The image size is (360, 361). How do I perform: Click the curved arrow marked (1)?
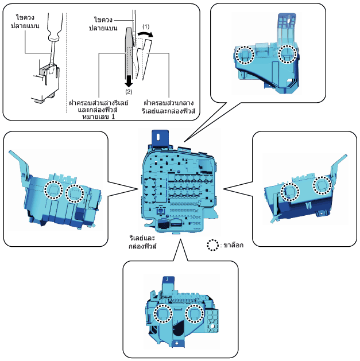tap(145, 34)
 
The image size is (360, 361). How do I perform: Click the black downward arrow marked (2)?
tap(129, 81)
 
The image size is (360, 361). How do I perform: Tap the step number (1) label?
tap(146, 27)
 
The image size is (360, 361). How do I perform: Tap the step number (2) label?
tap(129, 92)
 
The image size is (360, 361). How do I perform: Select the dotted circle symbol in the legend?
tap(212, 245)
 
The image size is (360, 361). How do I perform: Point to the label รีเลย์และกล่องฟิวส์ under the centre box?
tap(142, 242)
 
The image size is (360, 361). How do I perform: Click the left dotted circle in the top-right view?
tap(245, 55)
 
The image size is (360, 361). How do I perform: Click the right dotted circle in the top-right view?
tap(288, 54)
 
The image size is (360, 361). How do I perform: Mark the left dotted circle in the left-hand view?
tap(53, 190)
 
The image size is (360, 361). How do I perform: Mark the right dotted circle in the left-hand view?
tap(75, 193)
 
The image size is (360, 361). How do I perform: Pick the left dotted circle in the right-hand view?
tap(290, 192)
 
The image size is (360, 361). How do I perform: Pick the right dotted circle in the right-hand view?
tap(322, 185)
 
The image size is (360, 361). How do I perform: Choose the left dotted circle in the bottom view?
tap(163, 313)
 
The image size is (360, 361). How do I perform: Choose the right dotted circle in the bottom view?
tap(195, 313)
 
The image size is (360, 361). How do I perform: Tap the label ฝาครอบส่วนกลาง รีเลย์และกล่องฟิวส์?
tap(168, 107)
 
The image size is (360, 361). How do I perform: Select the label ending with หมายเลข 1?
tap(99, 110)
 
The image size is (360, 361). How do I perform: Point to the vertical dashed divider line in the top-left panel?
tap(67, 63)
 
